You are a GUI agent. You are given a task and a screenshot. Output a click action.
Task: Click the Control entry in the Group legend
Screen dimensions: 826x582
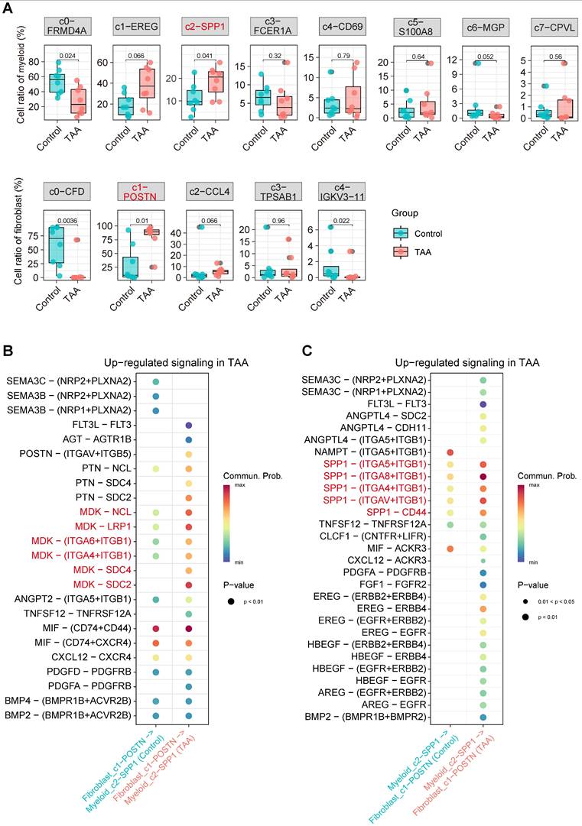427,233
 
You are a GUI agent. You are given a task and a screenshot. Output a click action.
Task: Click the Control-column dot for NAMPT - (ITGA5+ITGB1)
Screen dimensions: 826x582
450,453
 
